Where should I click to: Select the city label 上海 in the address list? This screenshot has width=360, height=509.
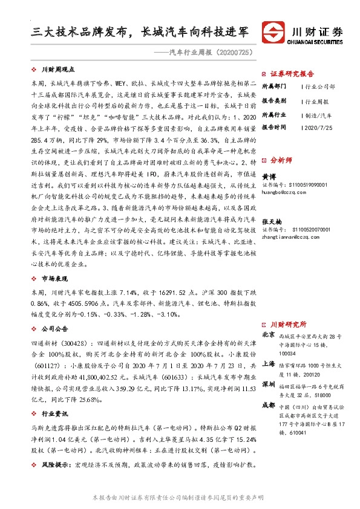pyautogui.click(x=268, y=364)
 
